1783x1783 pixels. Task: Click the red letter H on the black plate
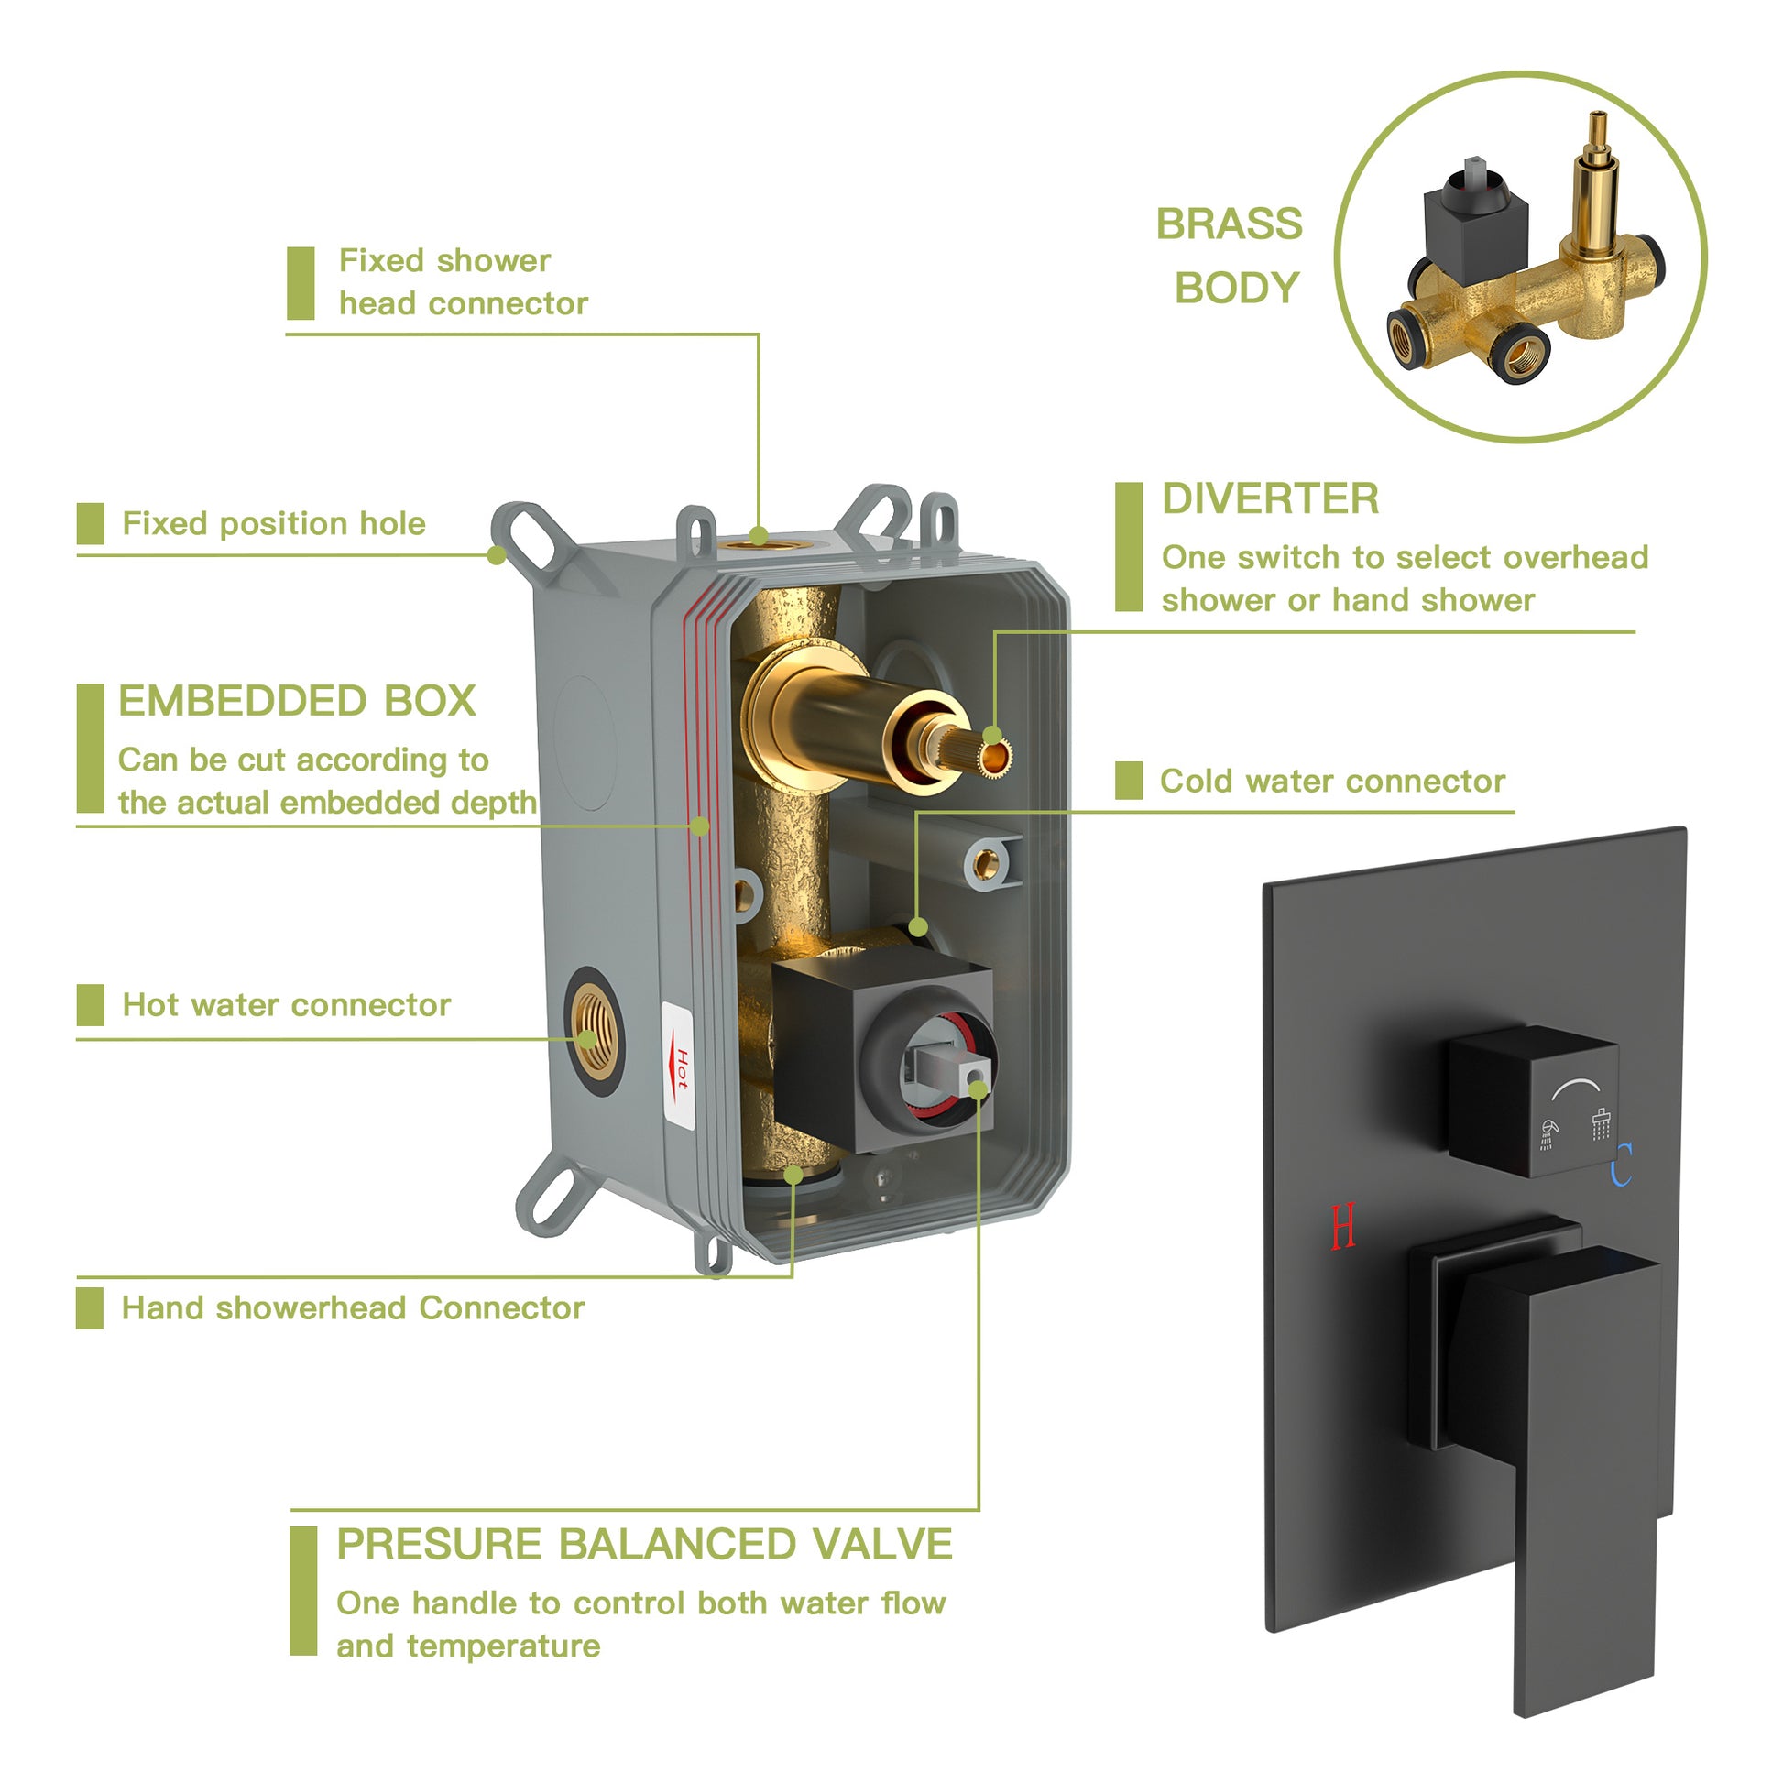(1343, 1227)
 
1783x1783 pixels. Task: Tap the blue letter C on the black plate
(1622, 1165)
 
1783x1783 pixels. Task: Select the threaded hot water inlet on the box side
(593, 1032)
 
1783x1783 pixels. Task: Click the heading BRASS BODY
(1231, 256)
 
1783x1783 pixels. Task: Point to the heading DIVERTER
(1270, 499)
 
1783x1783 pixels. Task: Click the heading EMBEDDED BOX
(297, 702)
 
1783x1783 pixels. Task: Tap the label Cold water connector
(1331, 781)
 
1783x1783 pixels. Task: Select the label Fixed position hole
(274, 524)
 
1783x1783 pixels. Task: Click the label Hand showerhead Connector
(353, 1307)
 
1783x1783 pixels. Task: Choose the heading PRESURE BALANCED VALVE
(643, 1544)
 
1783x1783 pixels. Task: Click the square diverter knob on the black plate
(1532, 1100)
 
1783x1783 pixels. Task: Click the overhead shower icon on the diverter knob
(1602, 1123)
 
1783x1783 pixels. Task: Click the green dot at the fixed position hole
(497, 554)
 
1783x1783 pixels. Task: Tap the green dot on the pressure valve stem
(978, 1090)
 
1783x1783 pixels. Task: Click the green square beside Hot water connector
(91, 1005)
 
